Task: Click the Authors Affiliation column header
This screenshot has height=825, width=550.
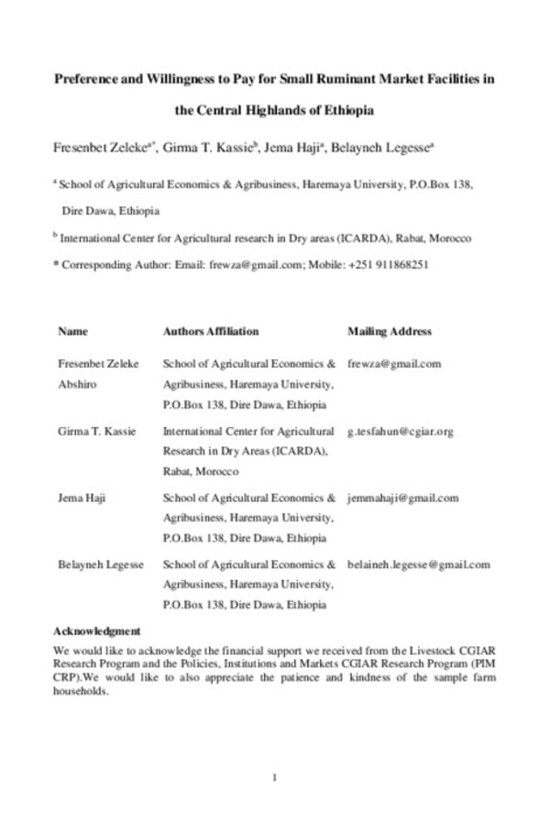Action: tap(211, 331)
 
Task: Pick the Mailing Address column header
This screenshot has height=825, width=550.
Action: tap(390, 331)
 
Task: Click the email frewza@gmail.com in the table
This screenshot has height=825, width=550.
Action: tap(394, 363)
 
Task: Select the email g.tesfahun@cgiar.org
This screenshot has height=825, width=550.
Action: tap(401, 431)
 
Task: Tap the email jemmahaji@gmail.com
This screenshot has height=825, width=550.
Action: tap(402, 498)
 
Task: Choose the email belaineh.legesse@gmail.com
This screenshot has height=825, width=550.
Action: tap(419, 565)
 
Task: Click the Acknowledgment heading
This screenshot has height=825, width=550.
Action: tap(97, 631)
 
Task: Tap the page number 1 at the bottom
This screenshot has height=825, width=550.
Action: tap(275, 777)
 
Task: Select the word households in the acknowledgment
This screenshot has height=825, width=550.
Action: tap(82, 692)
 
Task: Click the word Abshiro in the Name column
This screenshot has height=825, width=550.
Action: tap(78, 384)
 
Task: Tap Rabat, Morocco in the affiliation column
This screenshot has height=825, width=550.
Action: tap(201, 472)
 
